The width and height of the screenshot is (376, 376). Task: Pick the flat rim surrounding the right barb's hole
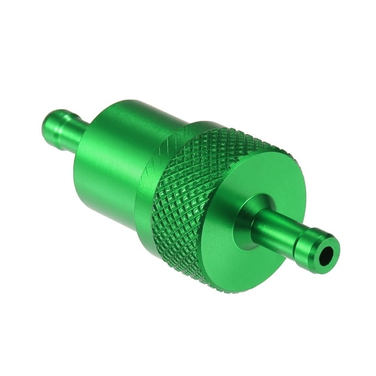322,242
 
